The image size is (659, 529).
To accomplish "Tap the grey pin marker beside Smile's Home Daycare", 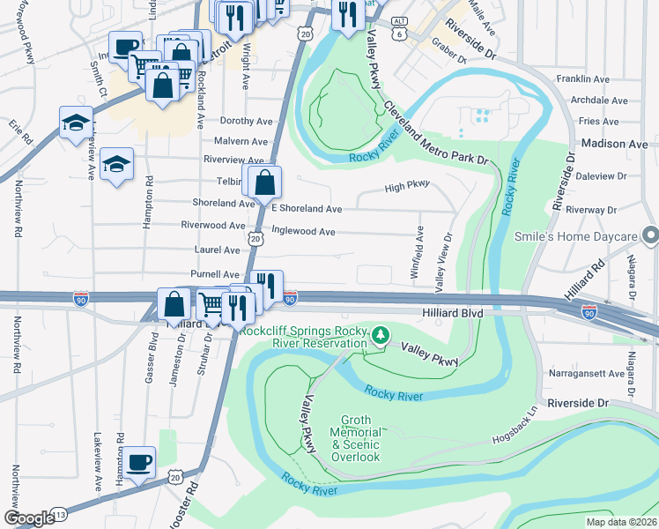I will (x=650, y=236).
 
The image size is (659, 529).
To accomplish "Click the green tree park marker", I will (x=380, y=334).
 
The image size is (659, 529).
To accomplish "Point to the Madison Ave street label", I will (x=613, y=144).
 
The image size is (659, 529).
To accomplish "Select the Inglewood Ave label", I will (x=303, y=232).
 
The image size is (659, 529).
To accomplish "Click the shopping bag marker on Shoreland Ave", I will (x=264, y=183).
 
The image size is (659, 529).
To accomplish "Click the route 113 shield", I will (x=60, y=515).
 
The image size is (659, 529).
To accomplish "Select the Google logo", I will (x=29, y=518).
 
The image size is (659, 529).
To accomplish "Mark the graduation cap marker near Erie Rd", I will (x=77, y=123).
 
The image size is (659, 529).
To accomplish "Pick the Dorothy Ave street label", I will (x=248, y=121).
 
